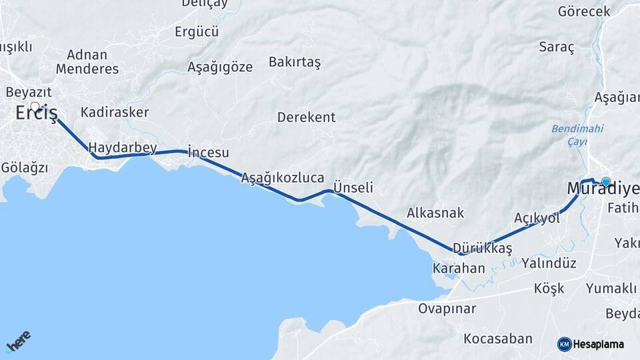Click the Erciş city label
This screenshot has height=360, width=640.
coord(37,113)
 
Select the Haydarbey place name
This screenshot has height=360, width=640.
coord(122,147)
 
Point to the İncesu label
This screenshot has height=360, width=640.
coord(209,152)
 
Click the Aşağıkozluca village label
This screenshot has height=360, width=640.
coord(283,178)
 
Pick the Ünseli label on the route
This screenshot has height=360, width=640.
coord(353,187)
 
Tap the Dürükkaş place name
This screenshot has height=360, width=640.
coord(482,249)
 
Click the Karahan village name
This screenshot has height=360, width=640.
coord(459,269)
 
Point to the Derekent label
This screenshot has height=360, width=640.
coord(306,117)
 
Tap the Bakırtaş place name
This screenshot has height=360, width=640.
coord(295,62)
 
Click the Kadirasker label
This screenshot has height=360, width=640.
coord(114,111)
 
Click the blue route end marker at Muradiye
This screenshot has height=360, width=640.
coord(606,181)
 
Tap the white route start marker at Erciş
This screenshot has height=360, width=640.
coord(35,105)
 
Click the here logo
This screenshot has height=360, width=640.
coord(18,341)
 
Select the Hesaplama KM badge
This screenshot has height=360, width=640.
coord(591,344)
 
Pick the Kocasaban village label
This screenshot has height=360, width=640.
coord(498,339)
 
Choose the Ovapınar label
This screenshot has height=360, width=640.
coord(447,309)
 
